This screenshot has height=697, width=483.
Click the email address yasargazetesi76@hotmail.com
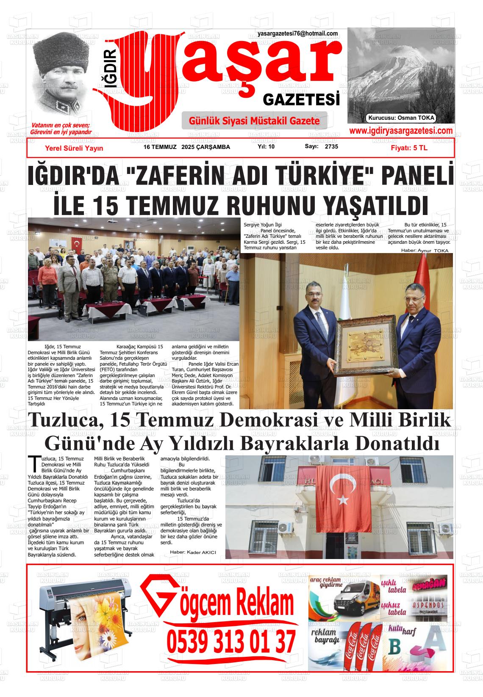(297, 34)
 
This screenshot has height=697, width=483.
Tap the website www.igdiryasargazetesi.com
(401, 131)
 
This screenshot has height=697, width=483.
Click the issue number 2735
(331, 147)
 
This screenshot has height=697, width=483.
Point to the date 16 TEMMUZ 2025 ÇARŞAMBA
(186, 147)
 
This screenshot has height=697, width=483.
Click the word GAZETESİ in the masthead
(302, 100)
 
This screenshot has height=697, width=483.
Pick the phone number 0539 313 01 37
(231, 642)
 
